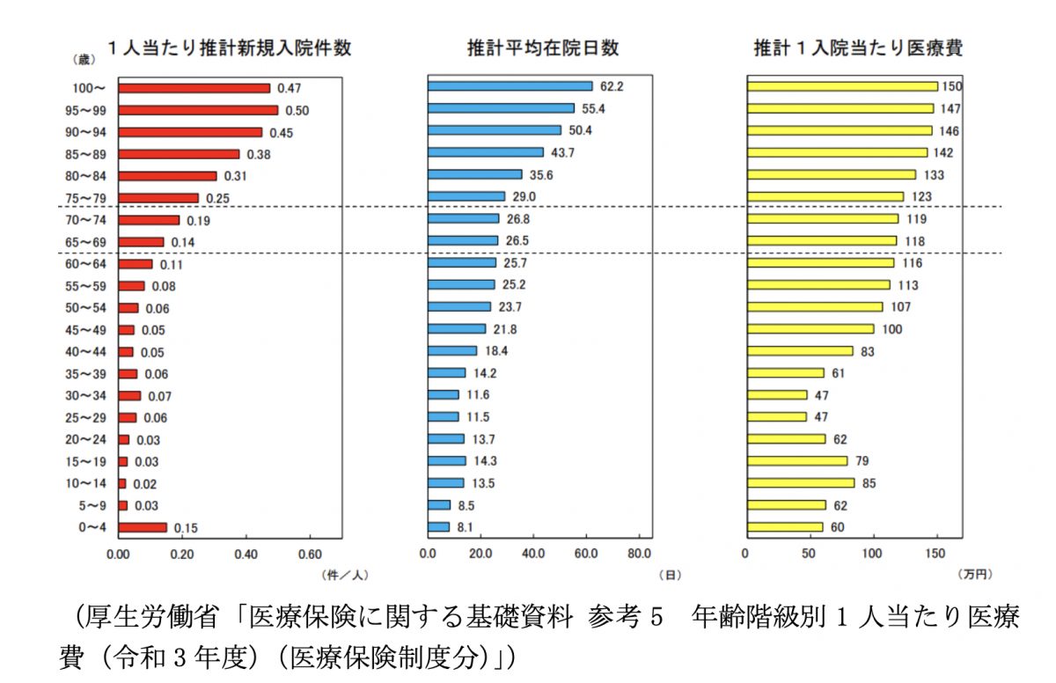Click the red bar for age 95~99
tap(198, 110)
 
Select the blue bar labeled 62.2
tap(510, 86)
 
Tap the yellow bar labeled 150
tap(842, 86)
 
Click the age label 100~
tap(91, 88)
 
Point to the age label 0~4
tap(92, 528)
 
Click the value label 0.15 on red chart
tap(185, 528)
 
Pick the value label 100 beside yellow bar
tap(891, 329)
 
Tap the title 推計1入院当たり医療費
tap(858, 48)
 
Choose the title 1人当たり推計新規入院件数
tap(229, 48)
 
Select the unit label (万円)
tap(974, 575)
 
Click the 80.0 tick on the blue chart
tap(639, 554)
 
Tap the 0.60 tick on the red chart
tap(310, 554)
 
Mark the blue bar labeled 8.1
tap(438, 527)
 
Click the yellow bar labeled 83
tap(800, 351)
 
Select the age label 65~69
tap(91, 242)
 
